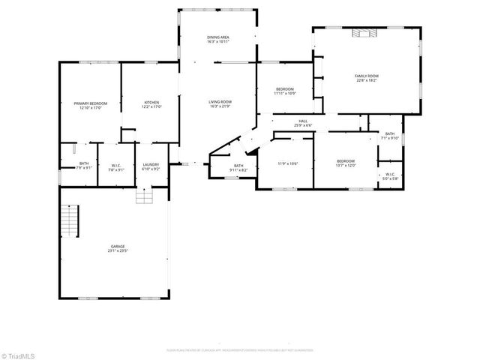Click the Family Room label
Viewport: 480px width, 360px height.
367,78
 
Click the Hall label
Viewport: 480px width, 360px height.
303,122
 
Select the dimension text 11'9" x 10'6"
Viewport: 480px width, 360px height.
288,163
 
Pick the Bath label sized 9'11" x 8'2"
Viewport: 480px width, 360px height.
238,168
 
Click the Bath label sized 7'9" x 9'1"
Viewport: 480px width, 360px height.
84,166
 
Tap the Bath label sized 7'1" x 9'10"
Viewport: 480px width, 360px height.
390,136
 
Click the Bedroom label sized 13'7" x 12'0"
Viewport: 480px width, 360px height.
345,163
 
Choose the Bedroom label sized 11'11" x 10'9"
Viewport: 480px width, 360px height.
286,91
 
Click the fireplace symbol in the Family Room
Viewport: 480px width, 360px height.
367,32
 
